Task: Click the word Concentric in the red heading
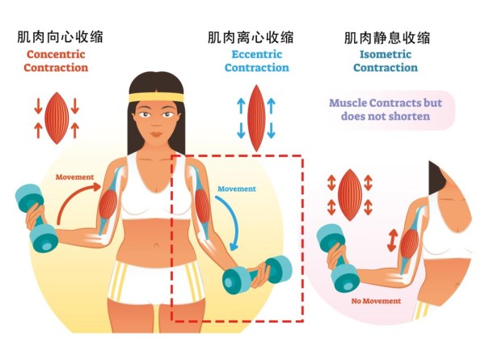click(x=56, y=54)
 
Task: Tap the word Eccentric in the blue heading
click(x=257, y=54)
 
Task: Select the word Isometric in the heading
click(x=386, y=54)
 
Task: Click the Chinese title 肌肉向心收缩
click(x=60, y=37)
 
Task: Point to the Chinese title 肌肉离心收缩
click(x=251, y=38)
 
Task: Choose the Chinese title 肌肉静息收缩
click(x=387, y=38)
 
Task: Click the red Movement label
click(x=74, y=177)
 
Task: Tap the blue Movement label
click(x=237, y=188)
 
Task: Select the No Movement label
click(x=376, y=301)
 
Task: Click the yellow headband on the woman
click(x=156, y=97)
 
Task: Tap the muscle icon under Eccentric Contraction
click(x=256, y=118)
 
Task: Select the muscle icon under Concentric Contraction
click(x=57, y=118)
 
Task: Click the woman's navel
click(x=157, y=245)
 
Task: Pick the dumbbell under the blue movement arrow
click(x=257, y=274)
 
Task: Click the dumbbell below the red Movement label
click(x=36, y=218)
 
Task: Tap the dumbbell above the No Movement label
click(x=338, y=257)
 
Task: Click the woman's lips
click(x=156, y=134)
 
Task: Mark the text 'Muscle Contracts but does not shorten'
click(x=386, y=109)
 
